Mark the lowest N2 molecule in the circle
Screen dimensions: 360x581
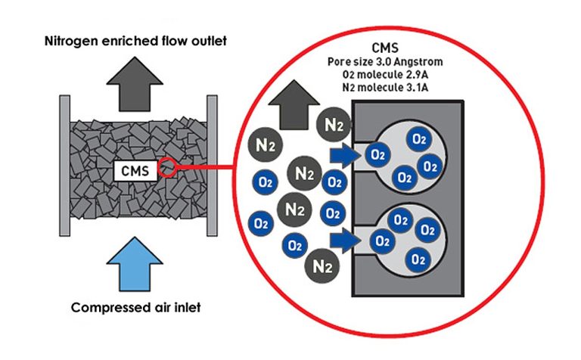point(321,266)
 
